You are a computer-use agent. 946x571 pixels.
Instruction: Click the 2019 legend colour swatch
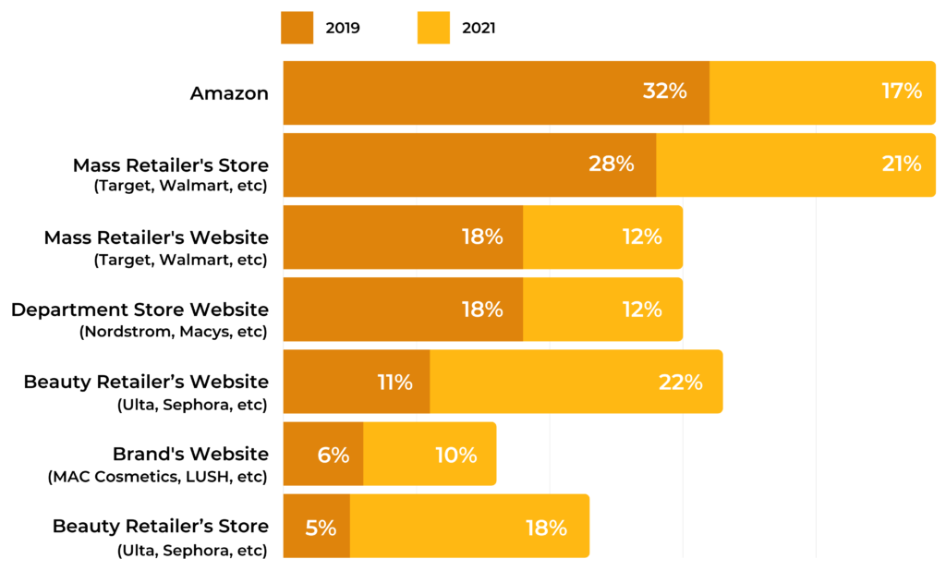coord(297,28)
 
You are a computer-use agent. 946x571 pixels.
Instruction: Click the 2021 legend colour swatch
coord(434,28)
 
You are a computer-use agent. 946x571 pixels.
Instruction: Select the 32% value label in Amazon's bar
coord(664,91)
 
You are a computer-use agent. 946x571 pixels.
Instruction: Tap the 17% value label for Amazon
coord(901,91)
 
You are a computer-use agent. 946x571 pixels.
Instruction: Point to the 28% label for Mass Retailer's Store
coord(612,164)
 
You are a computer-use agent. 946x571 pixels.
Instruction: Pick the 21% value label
coord(901,164)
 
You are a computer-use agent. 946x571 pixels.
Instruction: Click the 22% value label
coord(681,382)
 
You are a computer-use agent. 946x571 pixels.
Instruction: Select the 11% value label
coord(394,382)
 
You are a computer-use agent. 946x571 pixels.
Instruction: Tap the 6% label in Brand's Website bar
coord(334,455)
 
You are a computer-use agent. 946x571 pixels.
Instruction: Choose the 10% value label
coord(455,455)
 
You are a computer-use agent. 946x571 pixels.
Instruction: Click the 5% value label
coord(321,528)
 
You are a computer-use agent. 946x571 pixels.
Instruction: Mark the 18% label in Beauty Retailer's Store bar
coord(546,528)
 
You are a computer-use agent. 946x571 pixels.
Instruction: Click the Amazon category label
coord(229,93)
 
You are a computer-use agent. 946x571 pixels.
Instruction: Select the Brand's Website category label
coord(190,454)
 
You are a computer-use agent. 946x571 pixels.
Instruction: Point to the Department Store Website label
coord(139,310)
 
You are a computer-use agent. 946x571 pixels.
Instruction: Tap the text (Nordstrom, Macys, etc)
coord(174,332)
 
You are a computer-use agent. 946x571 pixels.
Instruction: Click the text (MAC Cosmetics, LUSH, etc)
coord(157,477)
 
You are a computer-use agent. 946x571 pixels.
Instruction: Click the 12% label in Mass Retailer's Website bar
coord(641,237)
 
